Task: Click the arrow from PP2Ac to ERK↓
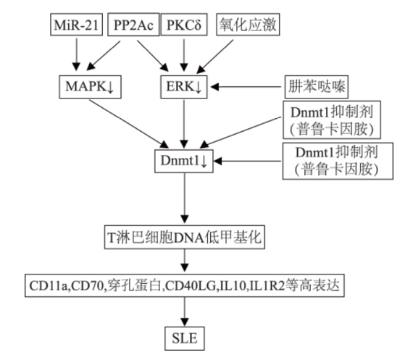click(x=151, y=56)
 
